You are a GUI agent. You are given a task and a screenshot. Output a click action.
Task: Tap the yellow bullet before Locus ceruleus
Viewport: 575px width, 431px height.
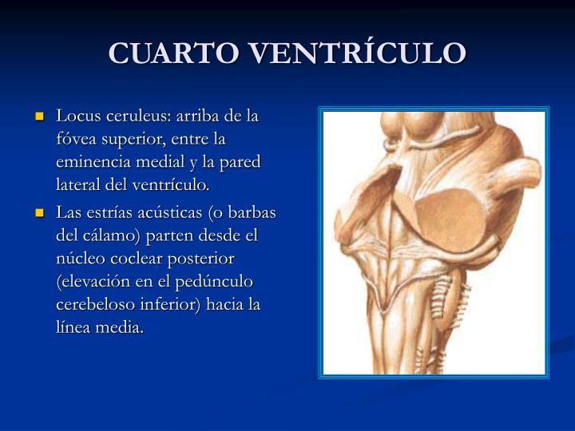click(x=41, y=117)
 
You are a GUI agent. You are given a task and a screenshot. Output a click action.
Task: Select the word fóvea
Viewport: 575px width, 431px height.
click(x=77, y=139)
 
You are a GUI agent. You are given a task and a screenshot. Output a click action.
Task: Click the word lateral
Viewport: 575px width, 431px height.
click(x=78, y=185)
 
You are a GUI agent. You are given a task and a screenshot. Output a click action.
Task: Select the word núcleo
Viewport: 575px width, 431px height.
click(x=80, y=259)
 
